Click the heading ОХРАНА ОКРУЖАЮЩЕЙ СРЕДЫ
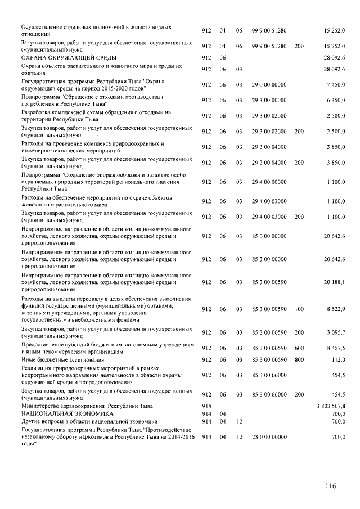(x=69, y=58)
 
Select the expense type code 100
(x=299, y=309)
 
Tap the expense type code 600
(x=299, y=348)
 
